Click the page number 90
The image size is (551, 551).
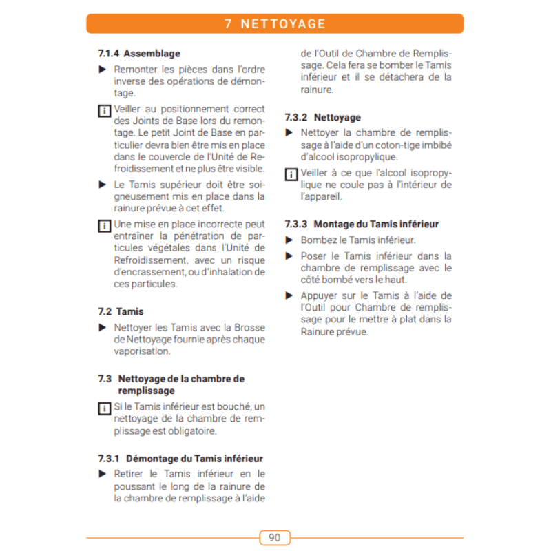tap(275, 537)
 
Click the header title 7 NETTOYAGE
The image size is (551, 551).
tap(275, 24)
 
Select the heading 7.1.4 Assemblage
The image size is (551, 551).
tap(139, 53)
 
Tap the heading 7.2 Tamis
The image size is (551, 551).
tap(121, 311)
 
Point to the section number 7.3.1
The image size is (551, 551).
tap(110, 458)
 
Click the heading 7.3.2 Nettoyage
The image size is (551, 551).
tap(322, 117)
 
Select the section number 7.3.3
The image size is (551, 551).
tap(296, 224)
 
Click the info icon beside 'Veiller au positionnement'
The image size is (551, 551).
tap(103, 110)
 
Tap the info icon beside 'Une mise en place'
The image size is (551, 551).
tap(103, 225)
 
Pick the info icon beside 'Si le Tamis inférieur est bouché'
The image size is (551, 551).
tap(103, 408)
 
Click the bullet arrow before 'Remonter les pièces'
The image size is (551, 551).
tap(102, 69)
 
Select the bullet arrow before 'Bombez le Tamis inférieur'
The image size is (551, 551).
tap(289, 240)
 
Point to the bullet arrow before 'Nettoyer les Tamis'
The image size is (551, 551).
tap(102, 327)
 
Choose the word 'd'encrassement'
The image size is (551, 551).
tap(146, 272)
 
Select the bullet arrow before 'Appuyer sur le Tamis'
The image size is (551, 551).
tap(289, 295)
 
